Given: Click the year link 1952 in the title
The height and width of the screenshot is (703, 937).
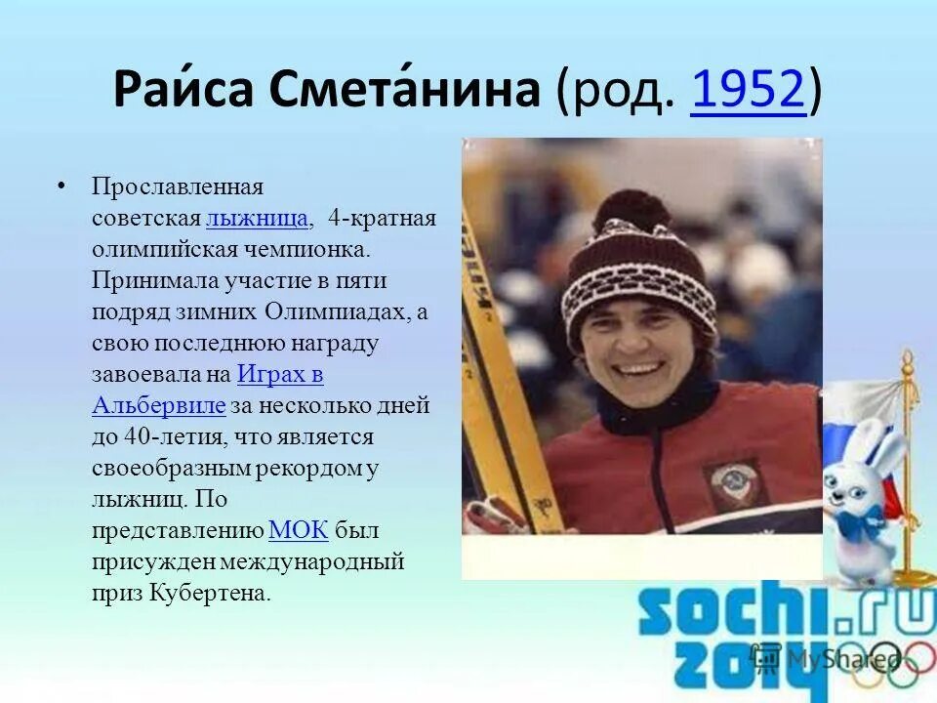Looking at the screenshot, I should (x=748, y=91).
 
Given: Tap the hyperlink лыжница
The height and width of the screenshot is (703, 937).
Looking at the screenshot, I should (x=258, y=217).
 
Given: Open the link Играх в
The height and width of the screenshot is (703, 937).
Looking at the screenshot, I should (x=280, y=374).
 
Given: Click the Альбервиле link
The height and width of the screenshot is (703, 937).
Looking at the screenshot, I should (x=159, y=405).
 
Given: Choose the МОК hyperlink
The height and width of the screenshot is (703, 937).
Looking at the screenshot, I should (x=298, y=530).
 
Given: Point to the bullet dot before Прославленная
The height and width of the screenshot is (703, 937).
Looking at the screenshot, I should (x=61, y=186).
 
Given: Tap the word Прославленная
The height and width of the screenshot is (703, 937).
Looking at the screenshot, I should (x=178, y=186).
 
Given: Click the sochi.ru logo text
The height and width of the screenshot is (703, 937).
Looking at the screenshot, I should (x=781, y=615).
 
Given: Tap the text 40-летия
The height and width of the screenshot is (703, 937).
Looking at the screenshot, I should (x=166, y=436).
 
